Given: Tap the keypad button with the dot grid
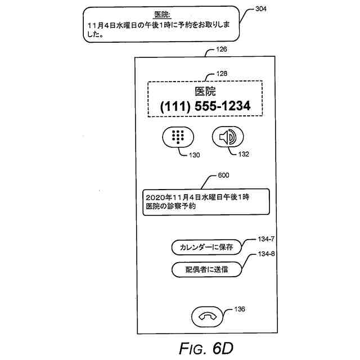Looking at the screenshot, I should [178, 137].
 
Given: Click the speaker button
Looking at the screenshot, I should [228, 137].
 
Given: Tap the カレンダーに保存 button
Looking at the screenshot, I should [206, 247].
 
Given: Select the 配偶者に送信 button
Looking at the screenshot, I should [206, 269].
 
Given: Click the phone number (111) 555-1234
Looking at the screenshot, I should [205, 106].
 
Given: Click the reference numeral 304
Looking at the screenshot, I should [261, 9].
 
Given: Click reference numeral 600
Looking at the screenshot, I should [223, 175].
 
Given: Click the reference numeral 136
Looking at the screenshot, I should [240, 308].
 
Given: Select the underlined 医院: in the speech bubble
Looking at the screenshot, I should [163, 13].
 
